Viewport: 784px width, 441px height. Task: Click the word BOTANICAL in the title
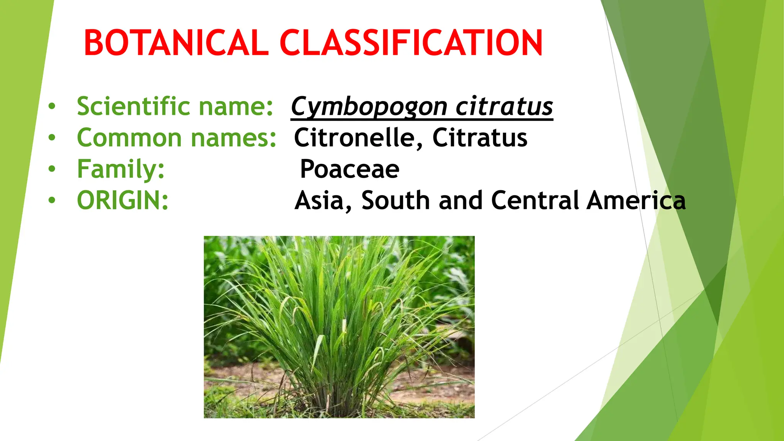(x=176, y=43)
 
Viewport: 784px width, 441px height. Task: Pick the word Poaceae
(x=350, y=169)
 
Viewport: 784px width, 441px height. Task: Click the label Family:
(x=121, y=169)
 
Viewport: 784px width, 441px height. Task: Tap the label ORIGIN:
(x=122, y=201)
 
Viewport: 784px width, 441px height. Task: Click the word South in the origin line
(x=395, y=201)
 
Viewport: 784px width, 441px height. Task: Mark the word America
(x=636, y=201)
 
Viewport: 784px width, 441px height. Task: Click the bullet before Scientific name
(x=52, y=106)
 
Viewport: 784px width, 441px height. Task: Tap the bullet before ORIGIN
(x=52, y=200)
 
